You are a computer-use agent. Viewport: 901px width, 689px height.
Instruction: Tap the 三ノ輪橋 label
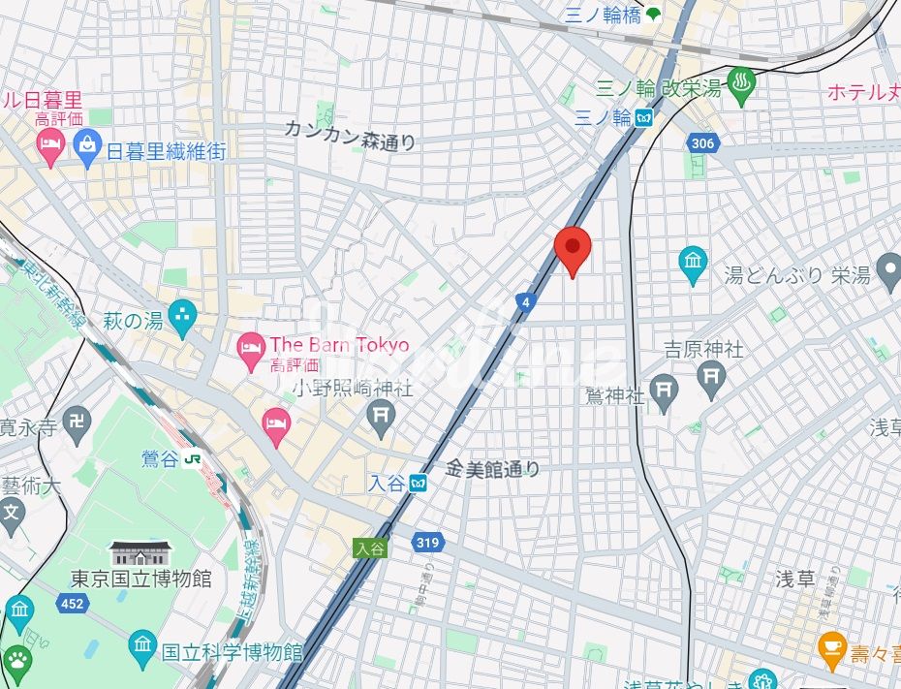[x=604, y=14]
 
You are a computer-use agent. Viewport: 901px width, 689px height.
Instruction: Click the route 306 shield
[x=702, y=143]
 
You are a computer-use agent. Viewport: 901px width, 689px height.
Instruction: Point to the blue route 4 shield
[x=525, y=302]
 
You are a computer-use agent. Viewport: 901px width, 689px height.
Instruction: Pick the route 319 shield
[x=426, y=543]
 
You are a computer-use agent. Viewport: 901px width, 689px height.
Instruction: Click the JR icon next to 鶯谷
[x=194, y=459]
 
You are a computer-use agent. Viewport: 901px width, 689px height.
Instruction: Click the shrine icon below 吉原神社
[x=712, y=376]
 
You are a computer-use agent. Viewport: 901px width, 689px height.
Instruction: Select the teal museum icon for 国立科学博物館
[x=142, y=644]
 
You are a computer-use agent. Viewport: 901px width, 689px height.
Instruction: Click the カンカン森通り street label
[x=351, y=136]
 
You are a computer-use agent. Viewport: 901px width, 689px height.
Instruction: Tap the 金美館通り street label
[x=492, y=469]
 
